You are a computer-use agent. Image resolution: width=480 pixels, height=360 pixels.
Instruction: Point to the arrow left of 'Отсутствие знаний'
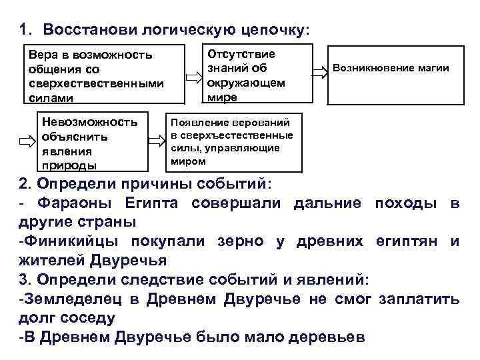click(193, 77)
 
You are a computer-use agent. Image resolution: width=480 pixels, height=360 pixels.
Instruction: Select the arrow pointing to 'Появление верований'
click(157, 141)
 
